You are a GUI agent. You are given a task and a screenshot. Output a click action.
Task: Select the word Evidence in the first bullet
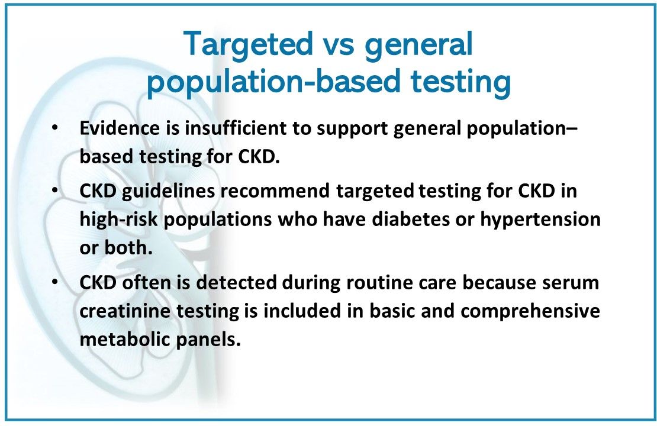point(120,128)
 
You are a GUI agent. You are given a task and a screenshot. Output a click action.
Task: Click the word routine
point(381,282)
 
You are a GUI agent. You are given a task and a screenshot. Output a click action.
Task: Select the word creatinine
point(125,311)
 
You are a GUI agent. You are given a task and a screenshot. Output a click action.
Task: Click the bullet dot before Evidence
point(54,127)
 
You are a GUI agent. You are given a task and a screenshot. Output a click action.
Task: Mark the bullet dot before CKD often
point(54,282)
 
